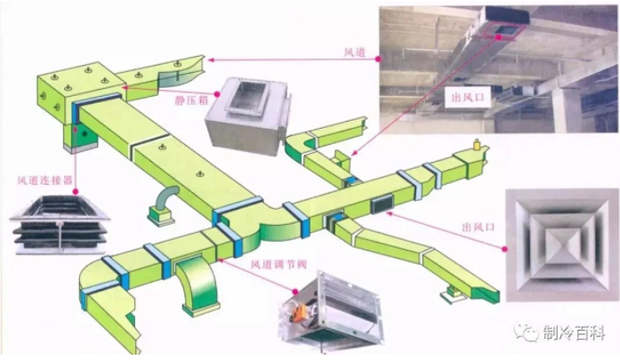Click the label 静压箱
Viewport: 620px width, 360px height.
pyautogui.click(x=191, y=100)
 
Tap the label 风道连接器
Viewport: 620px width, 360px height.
pyautogui.click(x=45, y=180)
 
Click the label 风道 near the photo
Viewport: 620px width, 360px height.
pyautogui.click(x=355, y=52)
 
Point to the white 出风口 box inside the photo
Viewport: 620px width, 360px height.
pyautogui.click(x=468, y=97)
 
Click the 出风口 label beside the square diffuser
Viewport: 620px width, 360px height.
pyautogui.click(x=479, y=227)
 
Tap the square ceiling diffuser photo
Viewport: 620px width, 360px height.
pyautogui.click(x=561, y=245)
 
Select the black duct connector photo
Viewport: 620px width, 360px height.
pyautogui.click(x=60, y=223)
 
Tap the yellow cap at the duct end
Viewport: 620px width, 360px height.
pyautogui.click(x=477, y=145)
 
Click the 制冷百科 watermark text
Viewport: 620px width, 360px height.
pyautogui.click(x=574, y=332)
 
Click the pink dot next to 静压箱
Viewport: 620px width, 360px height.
pyautogui.click(x=217, y=93)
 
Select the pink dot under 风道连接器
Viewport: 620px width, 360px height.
pyautogui.click(x=76, y=192)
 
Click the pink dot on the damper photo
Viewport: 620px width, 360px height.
pyautogui.click(x=295, y=292)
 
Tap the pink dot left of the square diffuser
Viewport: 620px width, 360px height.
pyautogui.click(x=504, y=249)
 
